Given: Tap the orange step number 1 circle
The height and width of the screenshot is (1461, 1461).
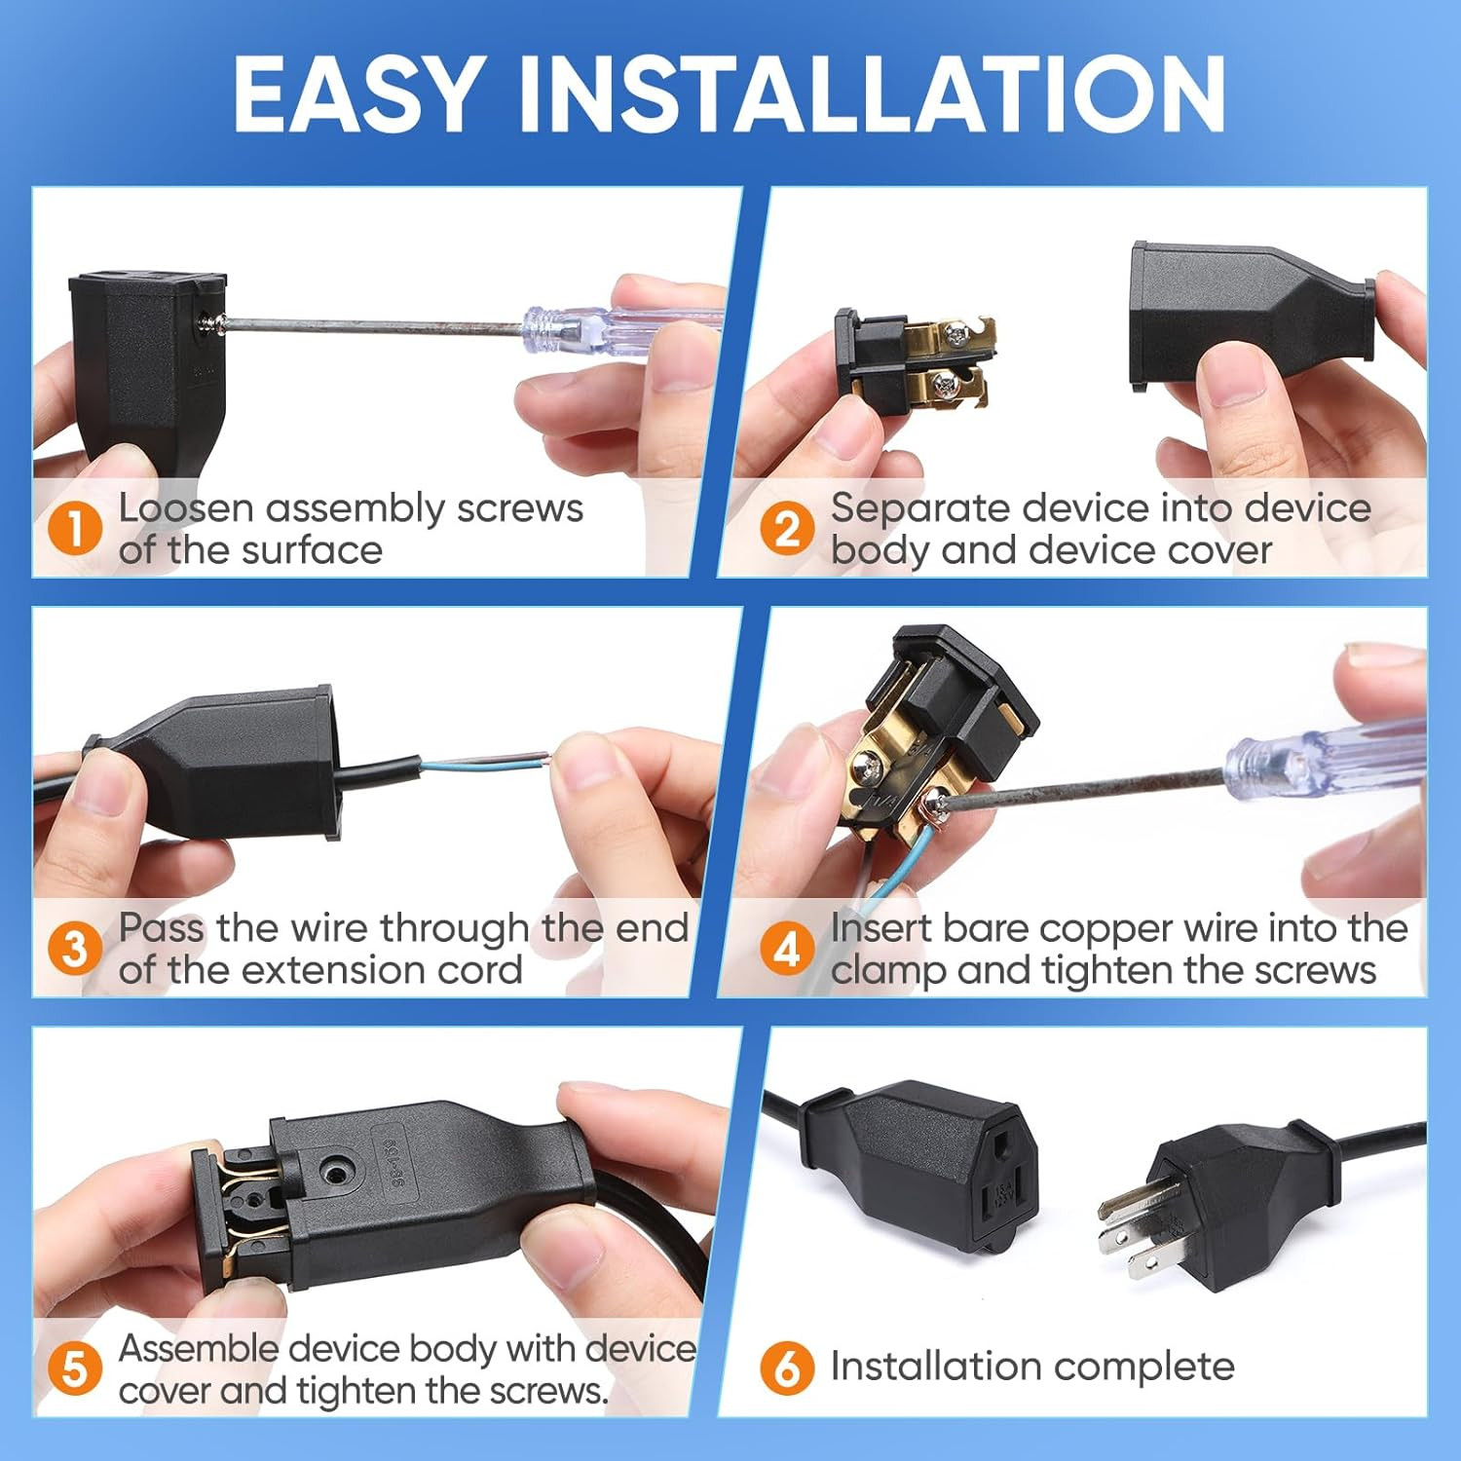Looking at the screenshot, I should pyautogui.click(x=75, y=530).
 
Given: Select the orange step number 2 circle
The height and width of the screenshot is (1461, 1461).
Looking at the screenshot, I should pyautogui.click(x=787, y=530).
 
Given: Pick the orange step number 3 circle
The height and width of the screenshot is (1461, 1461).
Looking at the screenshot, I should pyautogui.click(x=75, y=950).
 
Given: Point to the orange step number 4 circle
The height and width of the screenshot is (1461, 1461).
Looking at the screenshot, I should pyautogui.click(x=787, y=950).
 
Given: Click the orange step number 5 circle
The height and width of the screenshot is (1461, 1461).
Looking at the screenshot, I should pyautogui.click(x=75, y=1369).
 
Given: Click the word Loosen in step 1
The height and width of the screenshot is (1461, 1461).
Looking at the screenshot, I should pyautogui.click(x=185, y=508).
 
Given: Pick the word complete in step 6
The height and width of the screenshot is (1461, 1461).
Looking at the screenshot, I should pyautogui.click(x=1149, y=1367).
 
